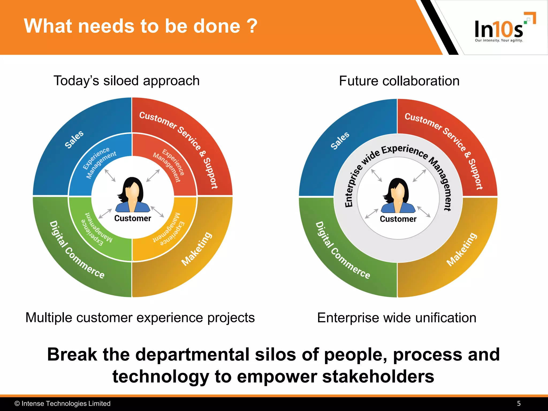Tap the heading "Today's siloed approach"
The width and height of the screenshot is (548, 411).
(x=127, y=81)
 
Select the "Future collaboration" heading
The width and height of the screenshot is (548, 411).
(x=399, y=81)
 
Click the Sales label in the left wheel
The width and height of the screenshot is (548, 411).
(x=74, y=139)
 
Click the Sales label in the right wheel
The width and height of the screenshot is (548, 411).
(x=340, y=140)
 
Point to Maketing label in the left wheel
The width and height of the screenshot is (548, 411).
(x=197, y=249)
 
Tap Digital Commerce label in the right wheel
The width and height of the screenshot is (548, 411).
(x=342, y=250)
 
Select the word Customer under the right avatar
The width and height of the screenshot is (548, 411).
(x=398, y=219)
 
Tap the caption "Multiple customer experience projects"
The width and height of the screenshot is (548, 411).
(x=140, y=318)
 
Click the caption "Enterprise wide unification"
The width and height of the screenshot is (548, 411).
(x=397, y=318)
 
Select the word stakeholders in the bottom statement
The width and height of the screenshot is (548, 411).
(x=378, y=376)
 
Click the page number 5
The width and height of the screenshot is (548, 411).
(x=519, y=404)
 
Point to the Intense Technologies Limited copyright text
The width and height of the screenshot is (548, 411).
(x=63, y=404)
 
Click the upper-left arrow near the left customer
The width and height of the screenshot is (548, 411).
(x=110, y=176)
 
